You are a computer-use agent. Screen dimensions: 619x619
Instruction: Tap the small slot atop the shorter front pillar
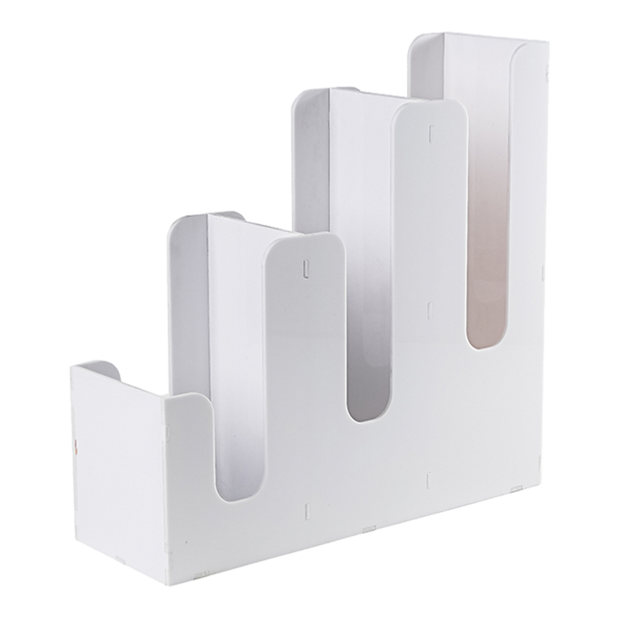click(305, 268)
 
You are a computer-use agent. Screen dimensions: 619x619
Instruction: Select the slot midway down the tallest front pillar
click(430, 308)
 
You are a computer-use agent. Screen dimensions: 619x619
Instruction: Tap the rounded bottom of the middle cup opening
click(368, 415)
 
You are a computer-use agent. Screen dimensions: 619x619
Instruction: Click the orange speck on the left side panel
click(76, 444)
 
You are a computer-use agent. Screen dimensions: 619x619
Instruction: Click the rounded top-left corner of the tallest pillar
click(400, 111)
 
